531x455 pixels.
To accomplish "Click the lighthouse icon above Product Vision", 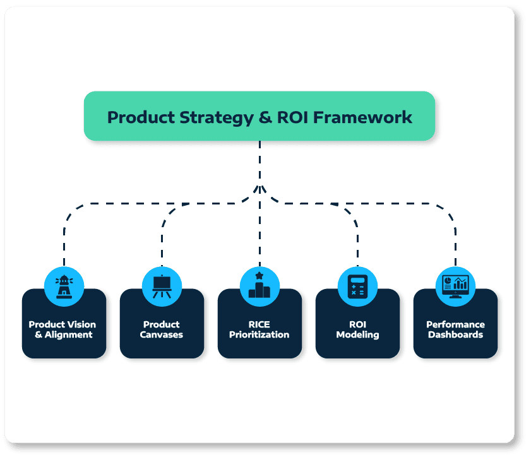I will (64, 286).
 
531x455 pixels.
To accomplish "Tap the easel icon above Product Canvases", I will (162, 286).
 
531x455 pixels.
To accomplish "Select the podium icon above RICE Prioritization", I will (260, 286).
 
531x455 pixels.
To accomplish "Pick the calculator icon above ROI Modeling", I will (357, 286).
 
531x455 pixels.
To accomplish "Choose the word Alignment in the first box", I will (69, 334).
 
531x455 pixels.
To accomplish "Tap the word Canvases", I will (162, 334).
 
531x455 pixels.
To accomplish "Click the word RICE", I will (260, 324).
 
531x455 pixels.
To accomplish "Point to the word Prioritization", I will (260, 334).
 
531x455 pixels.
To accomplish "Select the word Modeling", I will (357, 334).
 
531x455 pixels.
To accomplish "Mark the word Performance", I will (455, 324).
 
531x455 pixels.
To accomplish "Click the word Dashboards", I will (455, 334).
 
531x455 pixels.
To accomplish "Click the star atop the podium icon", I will (260, 276).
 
